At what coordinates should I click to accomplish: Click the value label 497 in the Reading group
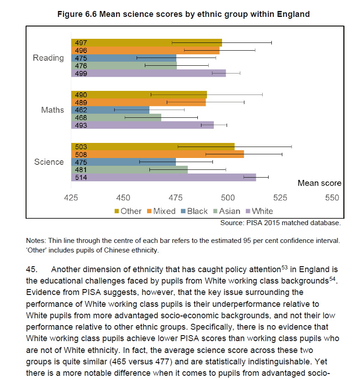point(81,43)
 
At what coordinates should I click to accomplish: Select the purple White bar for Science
point(164,177)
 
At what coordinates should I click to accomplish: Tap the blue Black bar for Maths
point(110,110)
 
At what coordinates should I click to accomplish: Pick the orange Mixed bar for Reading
point(145,51)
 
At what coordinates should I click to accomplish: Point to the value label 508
point(81,154)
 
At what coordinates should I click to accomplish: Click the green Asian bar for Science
point(129,170)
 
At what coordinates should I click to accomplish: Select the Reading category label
point(48,58)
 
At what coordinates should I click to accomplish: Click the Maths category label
point(53,110)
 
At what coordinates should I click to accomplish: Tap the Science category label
point(49,162)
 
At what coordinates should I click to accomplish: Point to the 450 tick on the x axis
point(123,198)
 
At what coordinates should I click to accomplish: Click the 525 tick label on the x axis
point(280,198)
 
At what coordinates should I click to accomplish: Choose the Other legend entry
point(128,211)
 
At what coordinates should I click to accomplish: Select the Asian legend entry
point(227,211)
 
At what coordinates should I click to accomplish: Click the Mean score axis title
point(319,183)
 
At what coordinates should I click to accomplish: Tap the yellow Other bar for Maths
point(139,95)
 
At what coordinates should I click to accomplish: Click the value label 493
point(81,126)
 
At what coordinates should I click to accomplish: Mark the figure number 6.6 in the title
point(91,14)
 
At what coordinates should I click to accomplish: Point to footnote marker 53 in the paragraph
point(285,268)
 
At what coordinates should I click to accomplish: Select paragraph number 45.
point(32,269)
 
